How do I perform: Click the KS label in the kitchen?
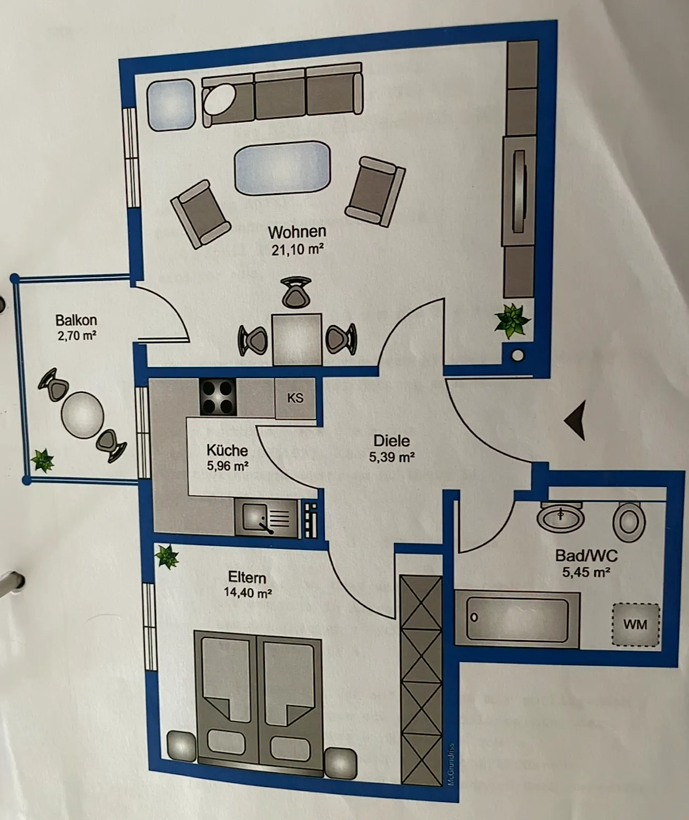[x=295, y=398]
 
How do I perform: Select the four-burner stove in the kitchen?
[x=218, y=397]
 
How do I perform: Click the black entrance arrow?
[x=576, y=420]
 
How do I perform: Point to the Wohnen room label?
[x=297, y=232]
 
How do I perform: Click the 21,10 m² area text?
[x=297, y=249]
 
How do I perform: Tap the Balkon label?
[x=76, y=320]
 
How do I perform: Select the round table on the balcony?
[x=83, y=415]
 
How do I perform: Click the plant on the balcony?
[x=42, y=460]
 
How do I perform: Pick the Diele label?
[x=392, y=440]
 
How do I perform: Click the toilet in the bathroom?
[x=629, y=522]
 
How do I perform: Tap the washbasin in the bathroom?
[x=560, y=516]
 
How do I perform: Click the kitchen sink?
[x=266, y=518]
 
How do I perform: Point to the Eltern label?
[x=247, y=578]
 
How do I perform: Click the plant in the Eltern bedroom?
[x=167, y=556]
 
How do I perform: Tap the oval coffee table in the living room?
[x=282, y=167]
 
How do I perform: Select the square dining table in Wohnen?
[x=297, y=339]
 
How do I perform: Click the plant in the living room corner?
[x=512, y=321]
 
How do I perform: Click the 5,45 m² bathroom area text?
[x=586, y=572]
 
